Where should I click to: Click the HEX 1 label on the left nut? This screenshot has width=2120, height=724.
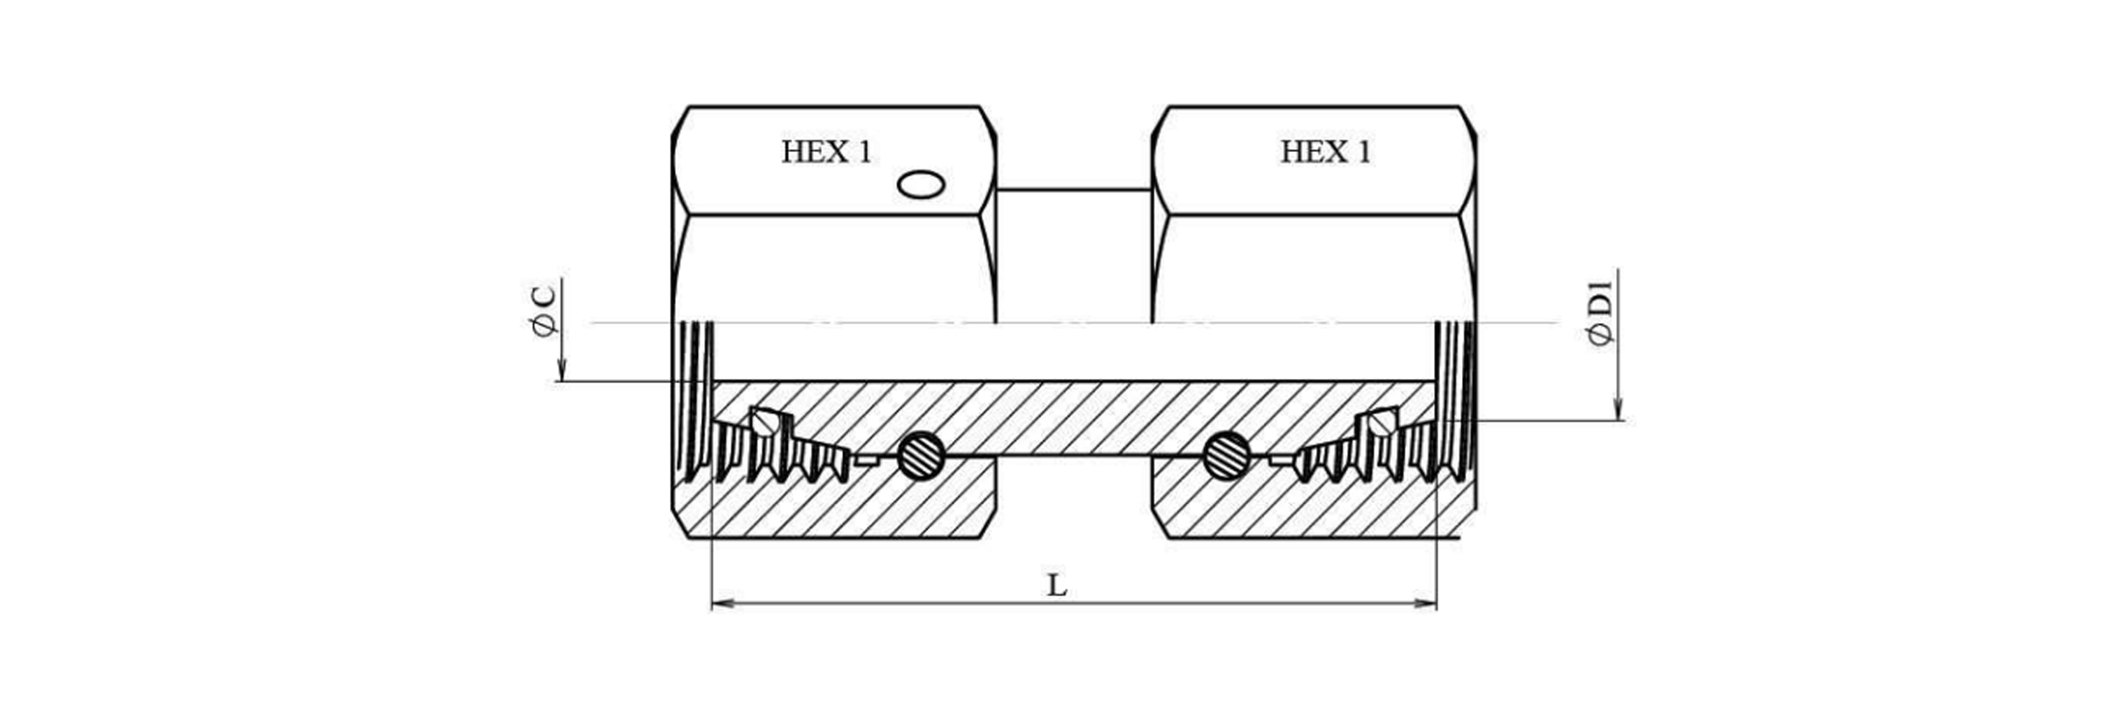[826, 153]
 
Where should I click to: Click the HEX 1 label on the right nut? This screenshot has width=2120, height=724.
[1325, 153]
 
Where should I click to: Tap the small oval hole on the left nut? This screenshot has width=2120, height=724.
[921, 184]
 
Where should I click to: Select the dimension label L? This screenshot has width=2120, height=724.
[1057, 586]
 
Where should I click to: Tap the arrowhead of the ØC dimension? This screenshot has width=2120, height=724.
[561, 372]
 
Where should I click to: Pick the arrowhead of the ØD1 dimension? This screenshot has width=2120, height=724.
[1617, 410]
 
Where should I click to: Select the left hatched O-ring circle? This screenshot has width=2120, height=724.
[921, 455]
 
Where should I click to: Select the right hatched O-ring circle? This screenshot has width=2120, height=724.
[1226, 455]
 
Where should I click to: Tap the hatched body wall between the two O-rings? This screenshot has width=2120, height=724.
[1073, 417]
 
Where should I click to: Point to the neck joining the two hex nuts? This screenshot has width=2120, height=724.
[1074, 254]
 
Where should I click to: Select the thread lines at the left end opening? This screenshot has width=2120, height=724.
[697, 398]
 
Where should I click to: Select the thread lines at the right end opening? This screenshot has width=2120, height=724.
[1454, 398]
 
